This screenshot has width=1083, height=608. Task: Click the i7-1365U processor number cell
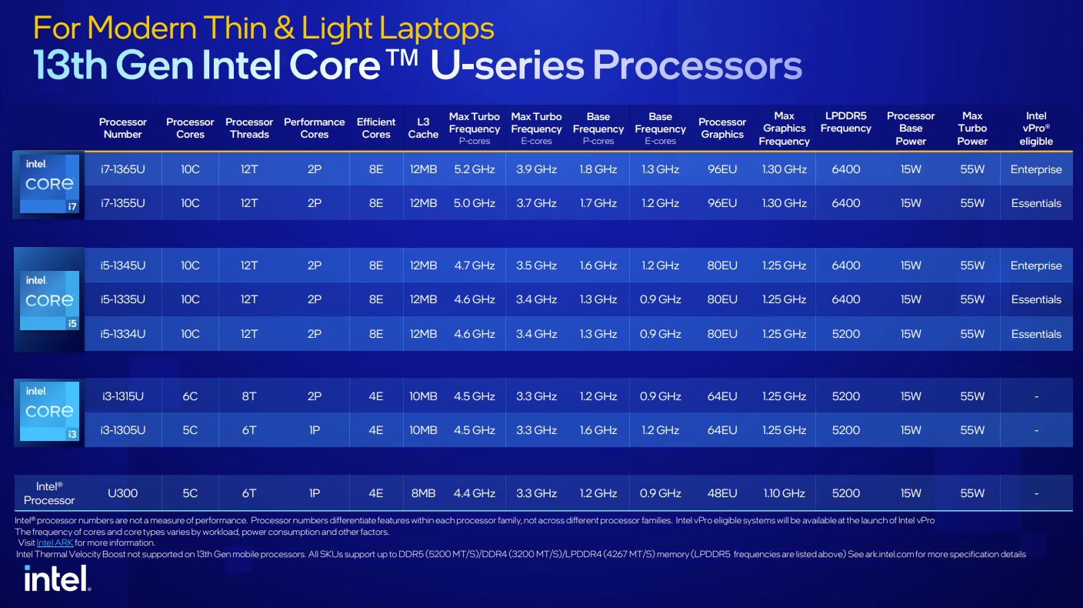click(123, 169)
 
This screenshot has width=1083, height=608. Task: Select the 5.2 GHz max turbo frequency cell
click(475, 169)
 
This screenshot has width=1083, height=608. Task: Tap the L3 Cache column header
click(423, 129)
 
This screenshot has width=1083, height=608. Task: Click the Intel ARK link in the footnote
click(55, 543)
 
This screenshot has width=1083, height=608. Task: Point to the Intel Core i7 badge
click(49, 184)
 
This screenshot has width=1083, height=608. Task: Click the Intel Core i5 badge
click(49, 300)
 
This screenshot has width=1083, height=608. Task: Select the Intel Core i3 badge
click(49, 411)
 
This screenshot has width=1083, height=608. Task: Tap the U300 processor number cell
click(123, 493)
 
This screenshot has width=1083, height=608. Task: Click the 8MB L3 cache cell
click(423, 493)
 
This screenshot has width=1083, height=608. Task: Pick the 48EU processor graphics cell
click(722, 493)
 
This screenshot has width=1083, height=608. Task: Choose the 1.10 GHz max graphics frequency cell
click(785, 493)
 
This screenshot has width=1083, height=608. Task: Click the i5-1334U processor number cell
click(123, 334)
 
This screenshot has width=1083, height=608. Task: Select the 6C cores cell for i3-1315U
click(190, 396)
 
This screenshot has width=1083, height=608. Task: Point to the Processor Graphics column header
click(722, 129)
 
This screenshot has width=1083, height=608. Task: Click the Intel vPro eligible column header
click(1036, 129)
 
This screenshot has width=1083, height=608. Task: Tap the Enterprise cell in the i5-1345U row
click(1036, 266)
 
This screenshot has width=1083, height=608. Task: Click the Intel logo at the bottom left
click(57, 578)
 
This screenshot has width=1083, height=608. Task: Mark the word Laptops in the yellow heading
click(437, 28)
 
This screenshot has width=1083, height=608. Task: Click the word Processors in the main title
click(697, 65)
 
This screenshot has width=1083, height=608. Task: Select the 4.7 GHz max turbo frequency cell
click(475, 266)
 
